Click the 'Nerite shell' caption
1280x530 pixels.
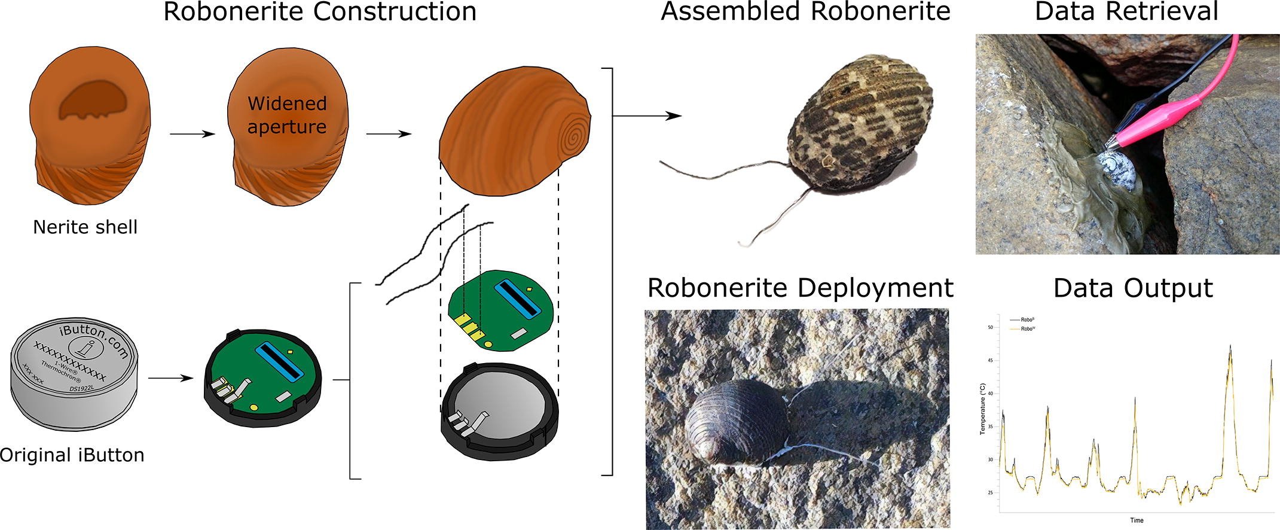coord(85,227)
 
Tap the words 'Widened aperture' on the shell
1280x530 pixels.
coord(287,115)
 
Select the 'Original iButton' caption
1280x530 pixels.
coord(72,455)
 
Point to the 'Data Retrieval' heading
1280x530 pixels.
coord(1126,12)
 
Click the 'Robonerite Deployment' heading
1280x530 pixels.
coord(800,288)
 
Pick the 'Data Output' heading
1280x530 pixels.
coord(1132,288)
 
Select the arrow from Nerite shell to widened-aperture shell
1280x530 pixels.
coord(192,134)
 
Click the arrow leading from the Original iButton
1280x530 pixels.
coord(170,378)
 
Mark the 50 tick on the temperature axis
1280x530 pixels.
coord(990,327)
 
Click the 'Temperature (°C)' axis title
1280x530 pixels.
coord(982,409)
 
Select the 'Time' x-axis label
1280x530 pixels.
coord(1137,520)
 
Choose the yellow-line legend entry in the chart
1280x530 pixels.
coord(1026,329)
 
